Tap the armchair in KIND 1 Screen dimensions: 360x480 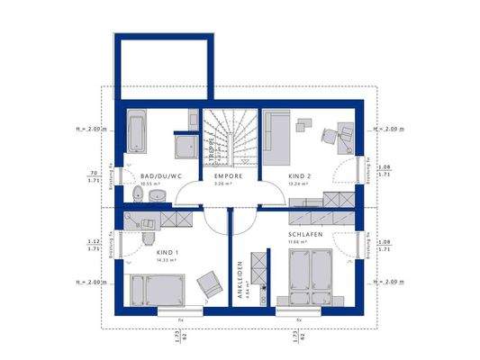point(209,283)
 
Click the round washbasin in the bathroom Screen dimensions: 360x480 point(157,193)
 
